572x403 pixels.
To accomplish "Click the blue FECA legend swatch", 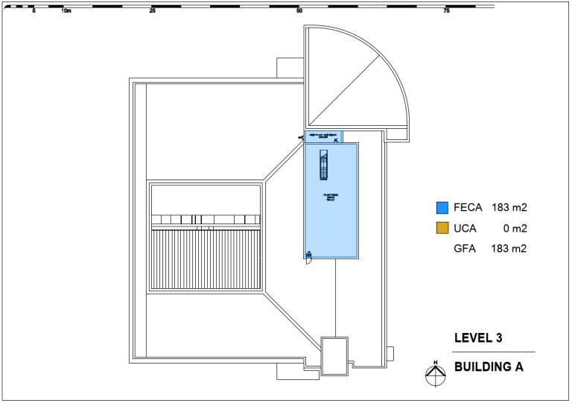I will (x=441, y=208).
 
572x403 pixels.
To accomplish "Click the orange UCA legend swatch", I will (x=441, y=228).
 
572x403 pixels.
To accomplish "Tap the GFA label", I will (x=465, y=249).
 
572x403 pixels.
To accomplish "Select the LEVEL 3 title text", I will (x=478, y=338).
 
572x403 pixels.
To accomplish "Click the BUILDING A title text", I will (x=489, y=366).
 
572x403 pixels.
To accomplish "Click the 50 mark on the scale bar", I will (x=299, y=11).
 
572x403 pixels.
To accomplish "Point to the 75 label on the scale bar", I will (x=446, y=11).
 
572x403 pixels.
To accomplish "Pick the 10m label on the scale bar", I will (x=66, y=11).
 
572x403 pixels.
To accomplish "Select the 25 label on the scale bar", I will (x=152, y=11).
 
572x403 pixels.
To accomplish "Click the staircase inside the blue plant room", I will (x=323, y=165).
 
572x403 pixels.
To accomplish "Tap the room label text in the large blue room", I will (x=330, y=198).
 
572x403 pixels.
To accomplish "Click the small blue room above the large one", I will (x=322, y=136).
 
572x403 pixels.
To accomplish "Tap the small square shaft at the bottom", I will (x=334, y=355).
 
